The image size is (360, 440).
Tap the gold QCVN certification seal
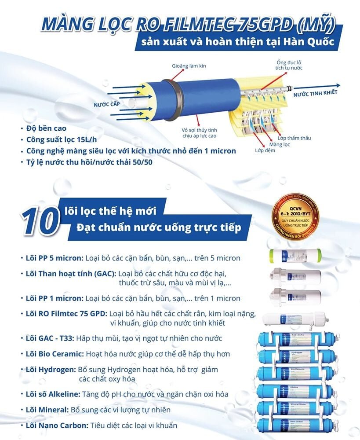point(295,215)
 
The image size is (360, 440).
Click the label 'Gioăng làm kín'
point(189,66)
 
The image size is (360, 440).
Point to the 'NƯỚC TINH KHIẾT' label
point(315,92)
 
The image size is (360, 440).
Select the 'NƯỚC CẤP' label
point(107,105)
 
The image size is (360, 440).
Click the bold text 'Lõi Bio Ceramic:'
point(55,354)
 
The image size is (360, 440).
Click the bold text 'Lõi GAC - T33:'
point(50,338)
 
